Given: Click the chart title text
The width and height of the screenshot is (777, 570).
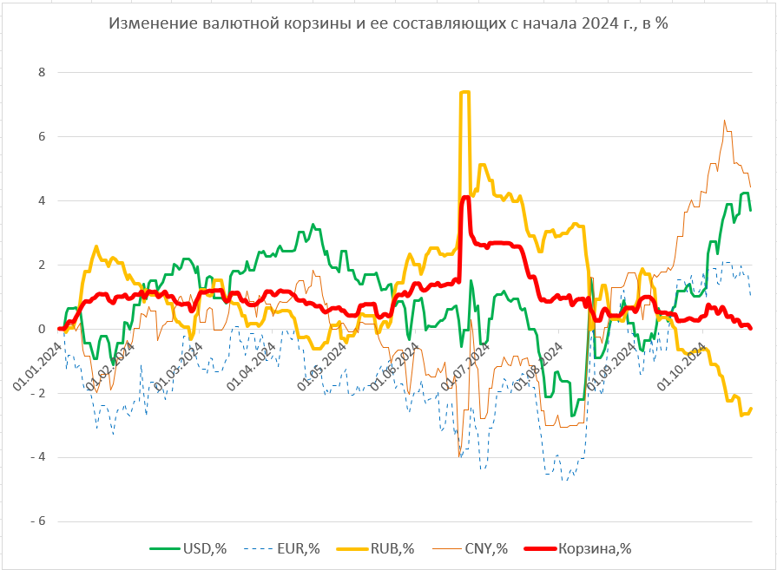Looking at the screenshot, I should (387, 23).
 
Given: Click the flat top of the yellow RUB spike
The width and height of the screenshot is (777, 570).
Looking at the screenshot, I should (464, 92).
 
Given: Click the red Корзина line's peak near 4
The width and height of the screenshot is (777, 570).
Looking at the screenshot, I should (465, 198).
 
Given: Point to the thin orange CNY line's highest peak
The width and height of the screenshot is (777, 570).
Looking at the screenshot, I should (724, 121).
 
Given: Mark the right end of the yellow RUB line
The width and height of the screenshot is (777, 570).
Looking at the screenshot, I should (750, 409).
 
